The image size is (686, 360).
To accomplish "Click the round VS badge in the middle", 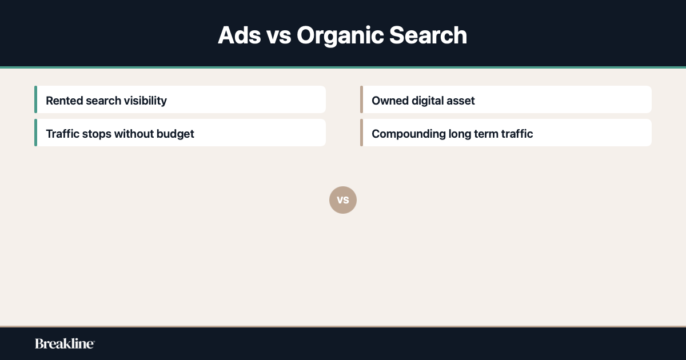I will point(343,200).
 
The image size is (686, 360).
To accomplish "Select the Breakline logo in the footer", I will point(65,343).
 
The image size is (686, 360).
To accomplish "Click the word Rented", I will point(64,101).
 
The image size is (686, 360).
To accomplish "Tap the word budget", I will point(175,134).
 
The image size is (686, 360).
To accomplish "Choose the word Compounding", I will point(408,134).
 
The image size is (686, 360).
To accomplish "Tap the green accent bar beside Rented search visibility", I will point(35,99).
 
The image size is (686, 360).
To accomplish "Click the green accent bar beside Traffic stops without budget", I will point(35,133).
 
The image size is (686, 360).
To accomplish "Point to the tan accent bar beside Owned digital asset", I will point(361,99).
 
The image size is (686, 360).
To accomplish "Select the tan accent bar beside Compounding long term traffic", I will point(361,133).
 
